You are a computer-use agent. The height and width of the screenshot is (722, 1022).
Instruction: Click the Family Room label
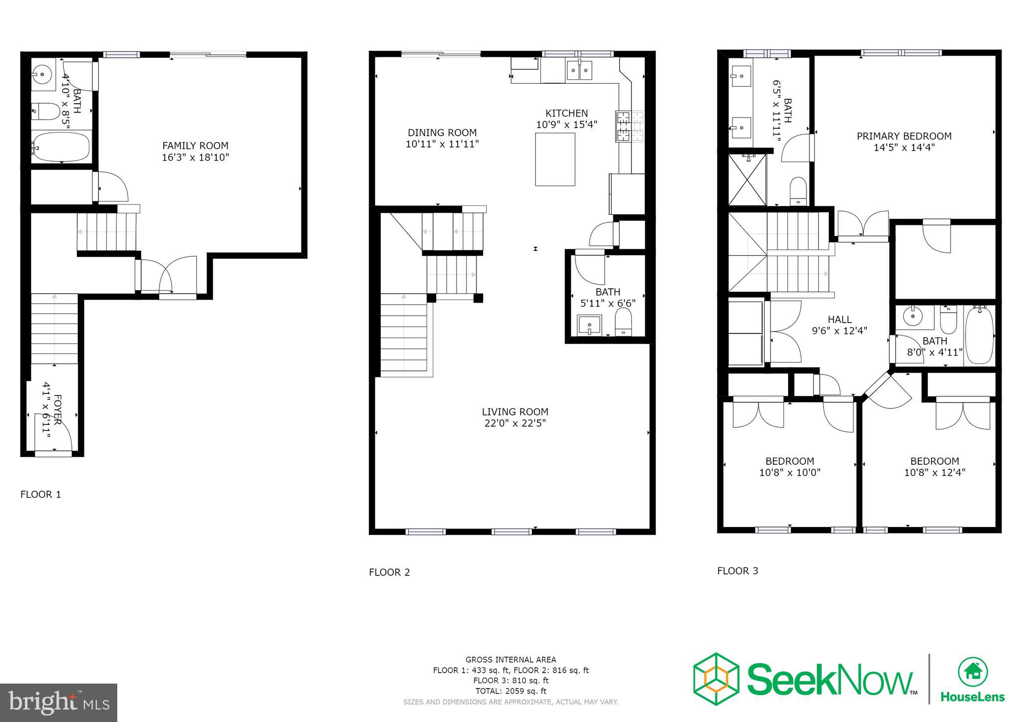coord(195,146)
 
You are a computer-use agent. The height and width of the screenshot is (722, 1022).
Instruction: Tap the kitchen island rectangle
coord(555,159)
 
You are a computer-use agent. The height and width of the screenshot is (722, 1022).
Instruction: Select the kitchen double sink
coord(579,71)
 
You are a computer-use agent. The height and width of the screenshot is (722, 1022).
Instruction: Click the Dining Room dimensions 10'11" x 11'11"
coord(442,144)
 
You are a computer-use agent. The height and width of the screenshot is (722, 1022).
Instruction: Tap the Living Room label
coord(515,412)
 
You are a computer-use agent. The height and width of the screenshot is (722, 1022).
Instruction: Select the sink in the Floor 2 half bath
coord(589,325)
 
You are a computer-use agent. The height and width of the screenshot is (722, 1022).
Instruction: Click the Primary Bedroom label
coord(904,136)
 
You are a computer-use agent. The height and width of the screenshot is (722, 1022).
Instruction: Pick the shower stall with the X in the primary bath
coord(747,180)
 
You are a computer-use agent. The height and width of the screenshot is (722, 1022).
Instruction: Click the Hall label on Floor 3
coord(839,319)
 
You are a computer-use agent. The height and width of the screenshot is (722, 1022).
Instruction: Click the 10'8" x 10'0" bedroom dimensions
coord(789,473)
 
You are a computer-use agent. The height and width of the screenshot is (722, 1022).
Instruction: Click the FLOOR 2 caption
coord(389,572)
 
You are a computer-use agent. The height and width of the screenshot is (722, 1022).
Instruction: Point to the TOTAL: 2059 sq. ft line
coord(511,691)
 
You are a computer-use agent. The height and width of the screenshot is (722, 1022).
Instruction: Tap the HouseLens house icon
coord(973,672)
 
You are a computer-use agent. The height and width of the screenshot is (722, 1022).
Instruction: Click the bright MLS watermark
coord(59,703)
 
